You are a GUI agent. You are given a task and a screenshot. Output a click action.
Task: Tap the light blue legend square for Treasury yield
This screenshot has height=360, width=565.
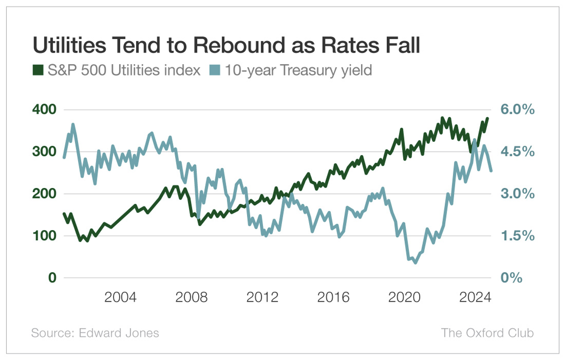point(215,70)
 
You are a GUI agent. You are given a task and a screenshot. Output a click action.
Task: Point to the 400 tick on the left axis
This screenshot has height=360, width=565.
point(44,110)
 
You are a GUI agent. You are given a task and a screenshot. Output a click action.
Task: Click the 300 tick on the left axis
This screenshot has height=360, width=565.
point(44,152)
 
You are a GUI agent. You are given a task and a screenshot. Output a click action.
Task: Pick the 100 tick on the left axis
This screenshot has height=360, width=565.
point(44,236)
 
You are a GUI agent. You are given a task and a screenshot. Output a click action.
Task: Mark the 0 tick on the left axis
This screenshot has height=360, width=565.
point(52,278)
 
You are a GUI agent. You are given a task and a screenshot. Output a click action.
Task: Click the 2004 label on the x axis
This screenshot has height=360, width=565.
point(120,297)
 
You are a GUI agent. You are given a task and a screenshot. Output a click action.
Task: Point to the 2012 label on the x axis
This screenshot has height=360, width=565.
point(263,297)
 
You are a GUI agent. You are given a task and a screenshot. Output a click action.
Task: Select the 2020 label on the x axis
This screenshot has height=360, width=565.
point(404,297)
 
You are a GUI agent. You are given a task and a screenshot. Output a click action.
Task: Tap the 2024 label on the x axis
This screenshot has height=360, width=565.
point(475,297)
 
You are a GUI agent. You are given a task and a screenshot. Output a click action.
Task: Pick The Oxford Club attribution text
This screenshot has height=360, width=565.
point(487,333)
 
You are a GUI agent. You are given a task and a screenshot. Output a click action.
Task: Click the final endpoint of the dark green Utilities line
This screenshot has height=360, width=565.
point(487,118)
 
